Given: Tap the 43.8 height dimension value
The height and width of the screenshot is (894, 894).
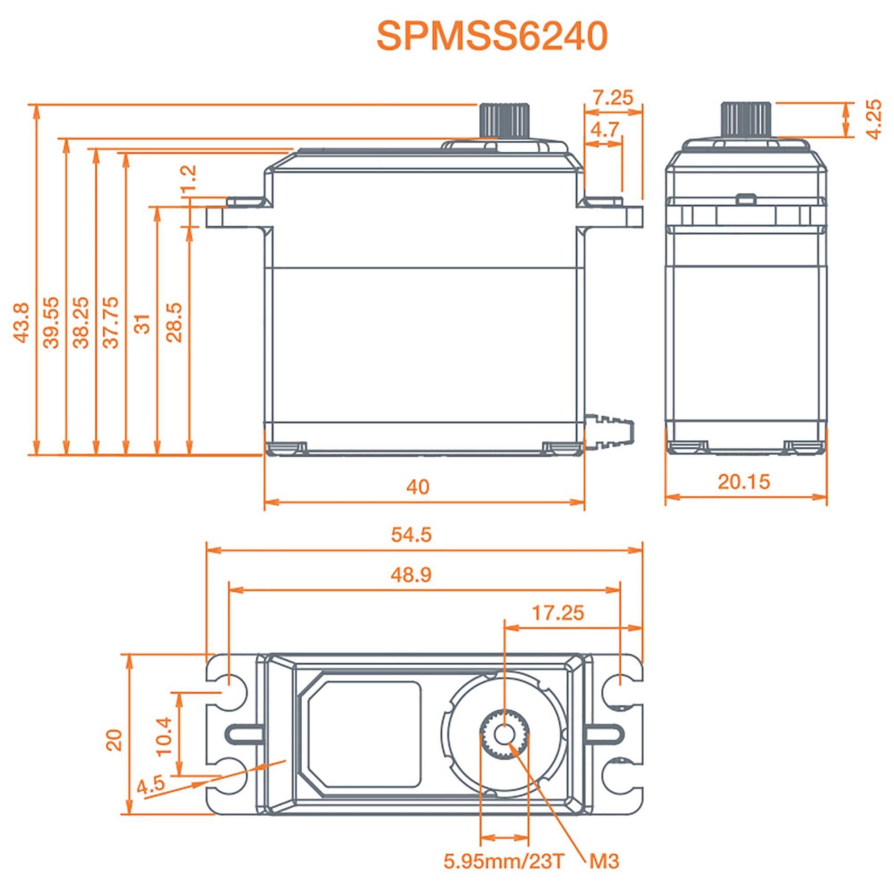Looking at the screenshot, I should pos(22,323).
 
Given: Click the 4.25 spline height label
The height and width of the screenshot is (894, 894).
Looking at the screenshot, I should pos(874,119).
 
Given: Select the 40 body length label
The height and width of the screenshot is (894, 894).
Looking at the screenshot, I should pos(418,487).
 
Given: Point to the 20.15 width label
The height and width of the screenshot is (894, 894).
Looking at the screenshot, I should pos(744,482).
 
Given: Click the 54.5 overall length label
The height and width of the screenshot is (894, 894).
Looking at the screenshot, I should pos(411,535).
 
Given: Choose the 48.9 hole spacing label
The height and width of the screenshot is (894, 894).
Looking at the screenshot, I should pos(411,575).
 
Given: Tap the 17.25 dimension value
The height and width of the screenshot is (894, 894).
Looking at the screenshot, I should pos(558,613).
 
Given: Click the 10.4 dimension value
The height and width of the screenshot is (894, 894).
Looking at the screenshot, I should pos(164,736).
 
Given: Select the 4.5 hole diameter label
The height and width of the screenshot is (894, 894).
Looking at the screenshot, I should pos(151,785).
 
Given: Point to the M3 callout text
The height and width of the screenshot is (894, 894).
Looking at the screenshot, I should pos(604,861).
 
